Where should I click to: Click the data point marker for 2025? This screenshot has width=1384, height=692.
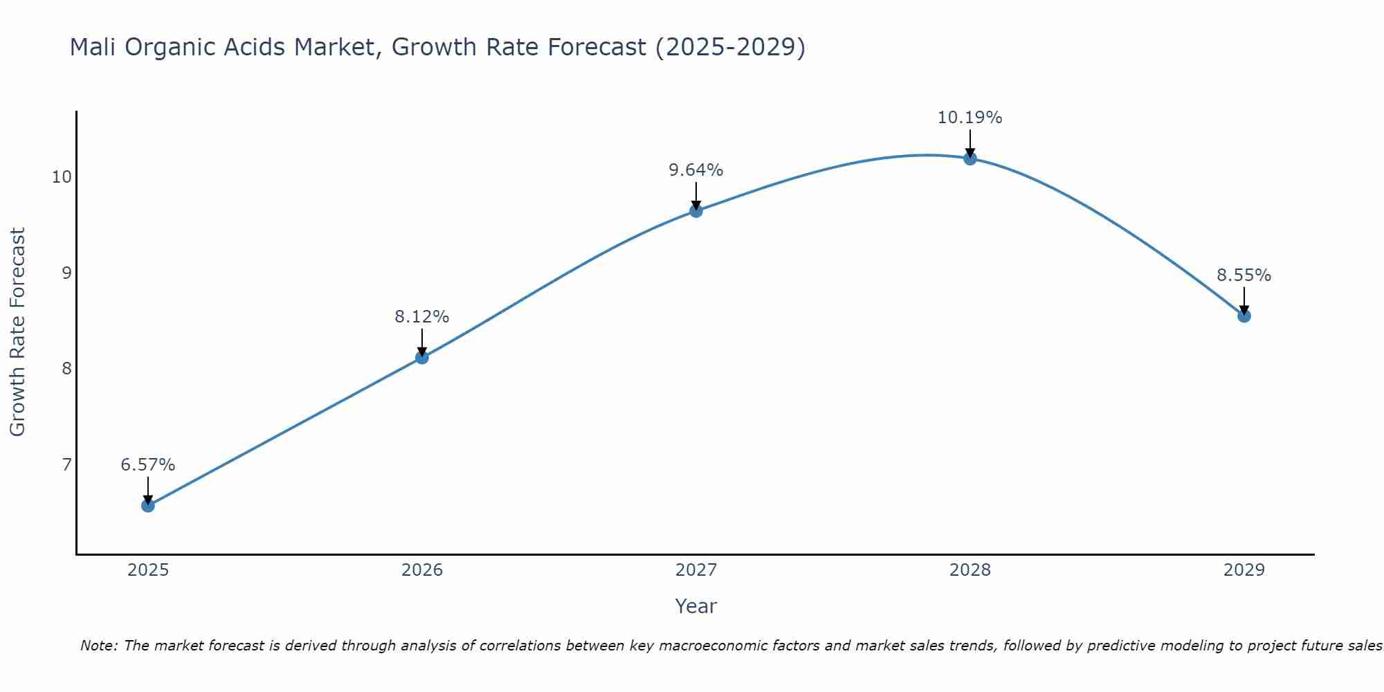(148, 505)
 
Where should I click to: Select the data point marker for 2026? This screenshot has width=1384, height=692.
(422, 357)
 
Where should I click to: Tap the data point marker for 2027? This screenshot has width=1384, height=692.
(696, 210)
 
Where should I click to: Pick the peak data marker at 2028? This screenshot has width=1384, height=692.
(970, 158)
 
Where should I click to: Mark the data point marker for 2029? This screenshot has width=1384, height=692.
(1244, 316)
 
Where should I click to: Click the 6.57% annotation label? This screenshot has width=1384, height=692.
(148, 465)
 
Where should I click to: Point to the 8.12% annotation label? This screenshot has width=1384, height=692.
(422, 317)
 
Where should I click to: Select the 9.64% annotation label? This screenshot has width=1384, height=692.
(696, 170)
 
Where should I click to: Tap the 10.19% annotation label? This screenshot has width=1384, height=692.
(970, 118)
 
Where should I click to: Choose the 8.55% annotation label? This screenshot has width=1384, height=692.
(1244, 275)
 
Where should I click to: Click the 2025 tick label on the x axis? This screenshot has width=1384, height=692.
(148, 570)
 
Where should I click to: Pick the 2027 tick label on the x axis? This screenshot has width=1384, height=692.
(696, 570)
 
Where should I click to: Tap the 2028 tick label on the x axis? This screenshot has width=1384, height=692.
(970, 570)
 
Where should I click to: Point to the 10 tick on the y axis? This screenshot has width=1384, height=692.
(62, 177)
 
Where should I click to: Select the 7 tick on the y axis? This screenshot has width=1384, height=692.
(67, 464)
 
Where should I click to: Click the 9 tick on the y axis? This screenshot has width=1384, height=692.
(67, 273)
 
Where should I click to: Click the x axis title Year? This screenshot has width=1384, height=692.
(696, 606)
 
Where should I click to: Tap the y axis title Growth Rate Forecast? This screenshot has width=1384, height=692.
(18, 332)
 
